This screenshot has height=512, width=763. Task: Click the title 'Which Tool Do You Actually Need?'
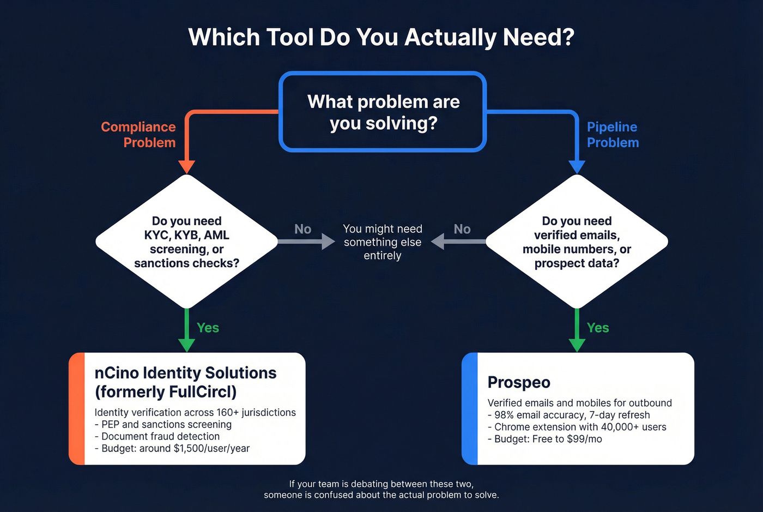(x=381, y=38)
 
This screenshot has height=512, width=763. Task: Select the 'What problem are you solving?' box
(x=383, y=112)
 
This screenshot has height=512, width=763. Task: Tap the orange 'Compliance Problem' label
(x=139, y=135)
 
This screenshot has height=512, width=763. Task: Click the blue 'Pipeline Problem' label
(x=613, y=135)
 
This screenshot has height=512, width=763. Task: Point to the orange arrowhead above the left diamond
(x=187, y=167)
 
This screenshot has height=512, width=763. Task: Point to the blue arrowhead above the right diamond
(x=577, y=167)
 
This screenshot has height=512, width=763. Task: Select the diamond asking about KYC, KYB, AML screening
(x=187, y=242)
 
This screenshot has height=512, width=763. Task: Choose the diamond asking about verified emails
(x=577, y=242)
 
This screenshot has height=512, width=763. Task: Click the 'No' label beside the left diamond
(x=302, y=229)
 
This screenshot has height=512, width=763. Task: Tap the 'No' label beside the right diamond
(x=462, y=229)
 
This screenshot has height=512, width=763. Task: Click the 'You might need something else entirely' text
(x=383, y=242)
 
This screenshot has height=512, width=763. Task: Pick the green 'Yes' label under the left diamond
(x=208, y=328)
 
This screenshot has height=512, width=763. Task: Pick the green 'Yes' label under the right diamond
(x=598, y=328)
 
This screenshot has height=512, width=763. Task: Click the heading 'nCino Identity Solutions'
(x=185, y=373)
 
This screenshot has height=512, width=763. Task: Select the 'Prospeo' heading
(x=519, y=382)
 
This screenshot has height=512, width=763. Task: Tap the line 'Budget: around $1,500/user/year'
(x=172, y=448)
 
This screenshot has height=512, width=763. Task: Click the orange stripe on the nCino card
(x=77, y=409)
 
